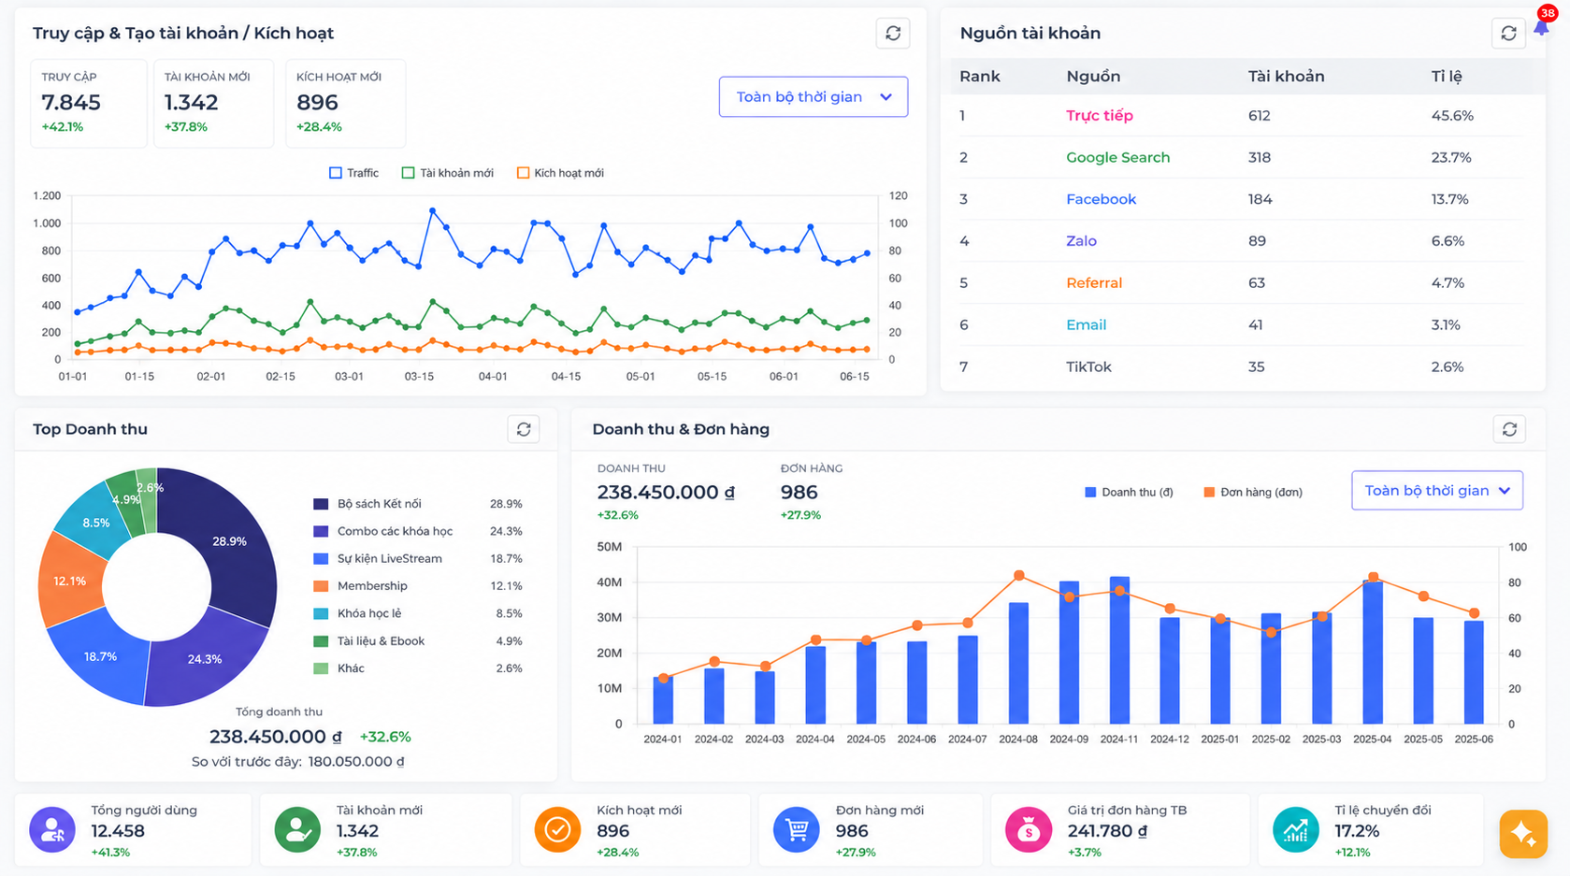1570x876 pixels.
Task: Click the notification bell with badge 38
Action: (1541, 26)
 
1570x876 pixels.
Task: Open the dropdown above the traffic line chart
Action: (813, 96)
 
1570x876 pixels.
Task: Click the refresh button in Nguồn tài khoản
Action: (1508, 33)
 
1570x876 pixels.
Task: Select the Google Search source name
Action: (1118, 157)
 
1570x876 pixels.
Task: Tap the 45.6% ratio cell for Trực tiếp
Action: (1452, 116)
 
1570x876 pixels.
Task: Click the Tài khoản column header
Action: (1286, 77)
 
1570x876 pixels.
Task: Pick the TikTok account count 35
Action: (1256, 366)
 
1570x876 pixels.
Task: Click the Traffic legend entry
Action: (354, 173)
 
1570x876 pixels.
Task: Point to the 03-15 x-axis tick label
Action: (419, 377)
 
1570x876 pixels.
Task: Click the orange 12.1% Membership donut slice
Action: (70, 581)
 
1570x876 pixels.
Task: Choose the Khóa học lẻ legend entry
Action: (357, 613)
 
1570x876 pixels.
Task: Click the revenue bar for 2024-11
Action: (1119, 650)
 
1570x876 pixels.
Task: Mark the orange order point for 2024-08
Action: (1019, 575)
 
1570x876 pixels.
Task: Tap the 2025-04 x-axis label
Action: (1373, 740)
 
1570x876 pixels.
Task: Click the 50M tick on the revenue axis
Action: (609, 547)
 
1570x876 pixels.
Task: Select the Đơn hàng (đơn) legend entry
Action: (1253, 492)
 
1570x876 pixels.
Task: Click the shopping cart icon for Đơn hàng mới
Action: (796, 830)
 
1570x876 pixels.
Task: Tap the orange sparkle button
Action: (1523, 834)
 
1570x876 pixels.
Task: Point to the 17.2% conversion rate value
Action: (1357, 831)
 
